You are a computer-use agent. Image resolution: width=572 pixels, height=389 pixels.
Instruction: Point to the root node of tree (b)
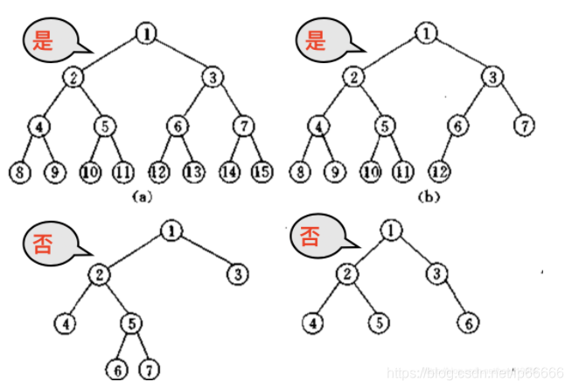click(x=426, y=34)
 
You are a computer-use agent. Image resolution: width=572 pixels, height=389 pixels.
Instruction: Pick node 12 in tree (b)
click(x=440, y=170)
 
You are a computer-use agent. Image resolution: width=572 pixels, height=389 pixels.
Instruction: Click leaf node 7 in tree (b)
click(x=525, y=125)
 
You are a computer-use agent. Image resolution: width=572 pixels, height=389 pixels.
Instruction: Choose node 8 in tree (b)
click(x=300, y=170)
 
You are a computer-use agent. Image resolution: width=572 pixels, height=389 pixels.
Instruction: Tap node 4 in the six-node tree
click(x=314, y=322)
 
